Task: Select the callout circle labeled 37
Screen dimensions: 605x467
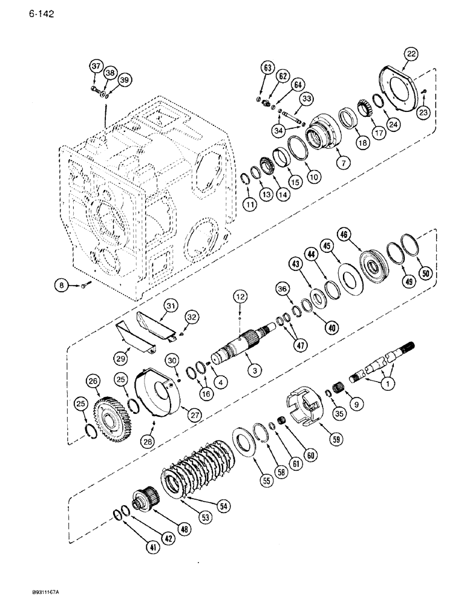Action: coord(95,65)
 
